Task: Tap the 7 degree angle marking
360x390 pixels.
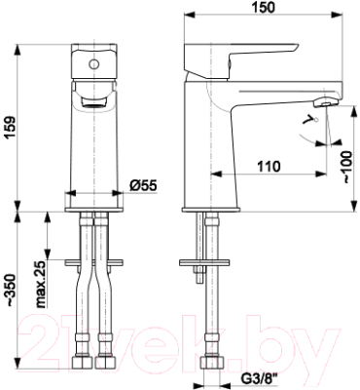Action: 308,120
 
